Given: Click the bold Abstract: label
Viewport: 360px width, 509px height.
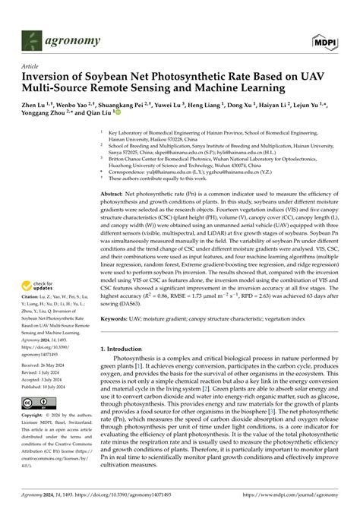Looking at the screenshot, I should [x=115, y=194].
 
